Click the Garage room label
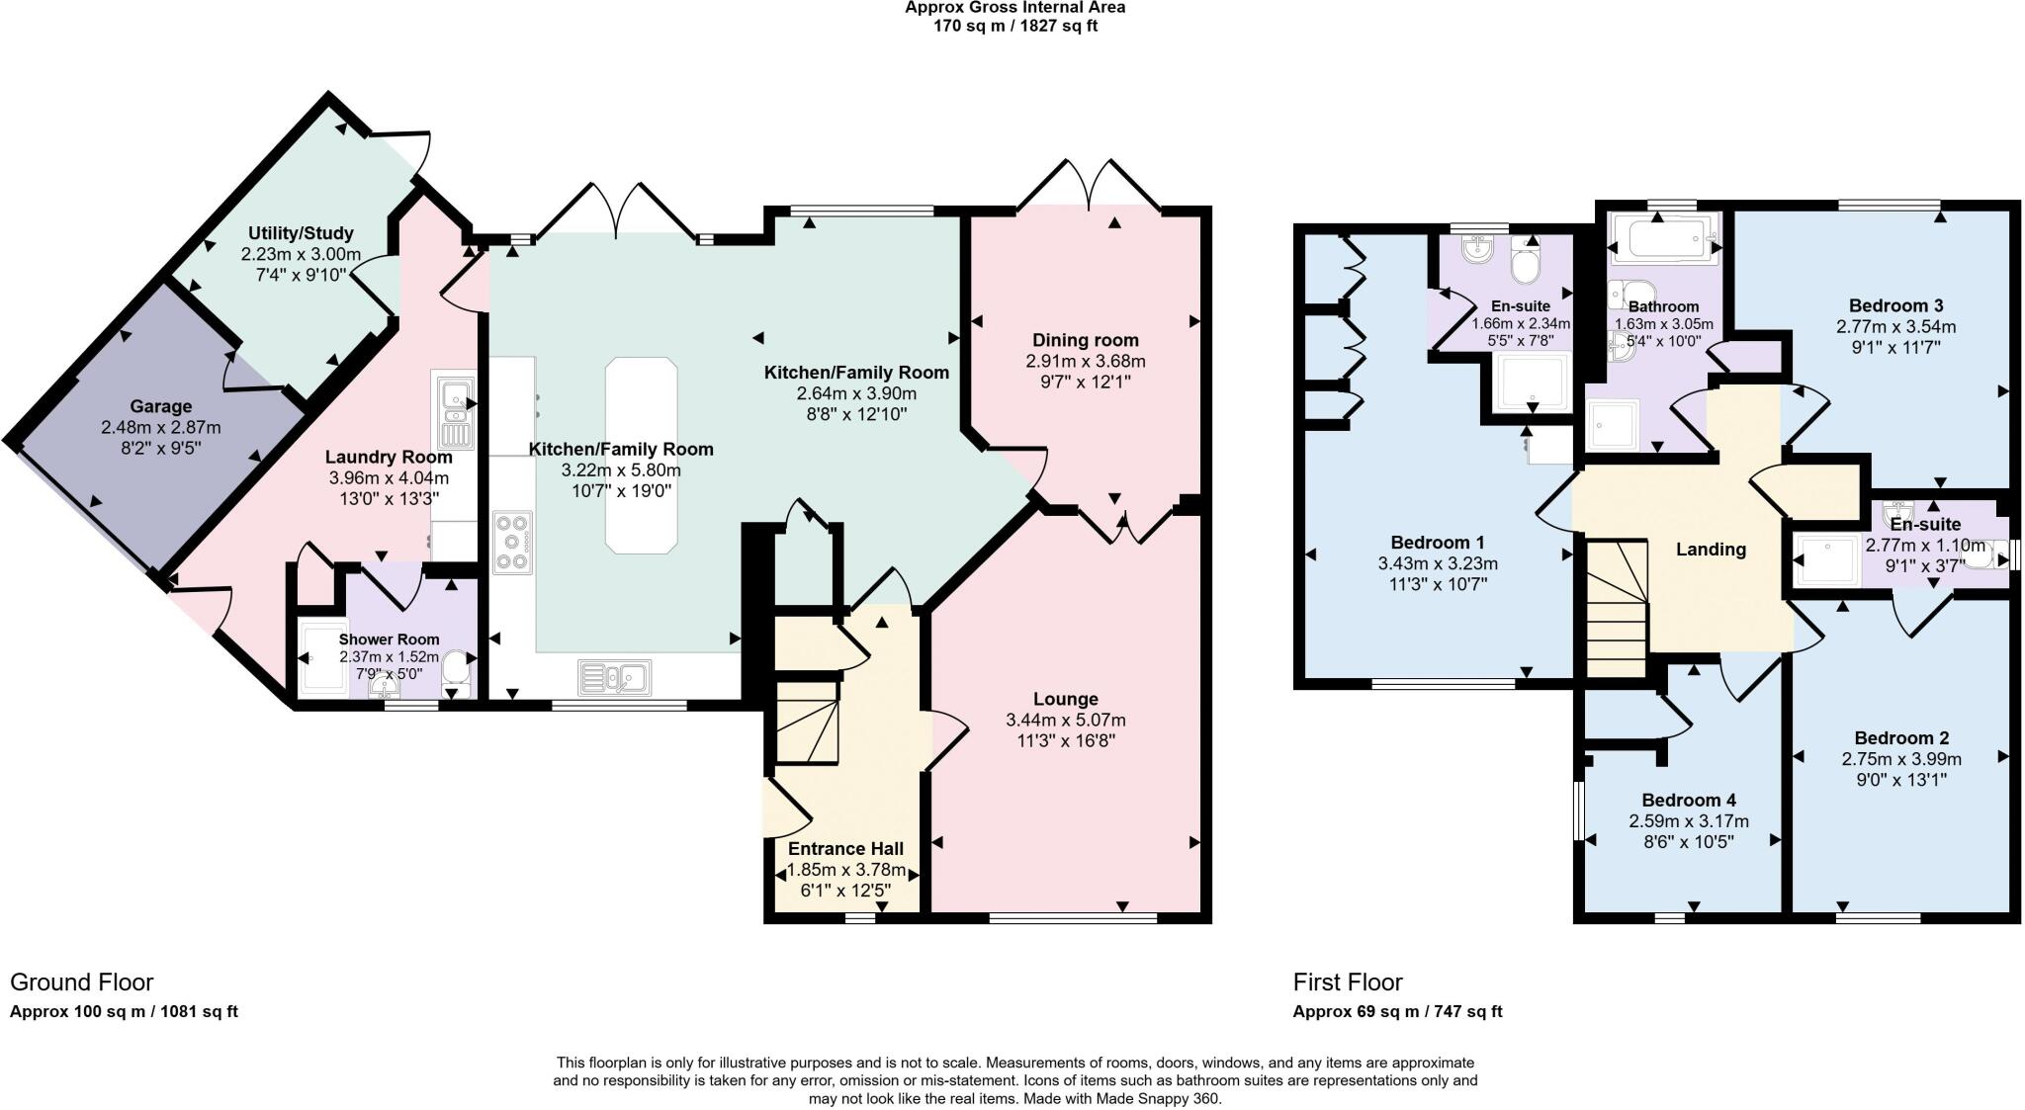pos(160,406)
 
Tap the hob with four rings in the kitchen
pos(512,541)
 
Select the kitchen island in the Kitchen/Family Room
pos(642,456)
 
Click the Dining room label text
pos(1086,340)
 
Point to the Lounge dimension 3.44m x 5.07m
pos(1066,720)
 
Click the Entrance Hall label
pos(845,848)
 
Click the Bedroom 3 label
pos(1895,305)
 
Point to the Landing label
pos(1711,550)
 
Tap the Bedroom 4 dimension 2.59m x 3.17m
pos(1689,821)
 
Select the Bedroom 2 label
pos(1900,737)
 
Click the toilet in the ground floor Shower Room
pos(457,665)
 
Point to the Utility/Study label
pos(301,233)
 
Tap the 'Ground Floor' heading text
pos(81,982)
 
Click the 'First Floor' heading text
pos(1347,982)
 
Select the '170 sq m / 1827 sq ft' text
pos(1014,26)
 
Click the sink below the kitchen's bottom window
pos(613,677)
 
